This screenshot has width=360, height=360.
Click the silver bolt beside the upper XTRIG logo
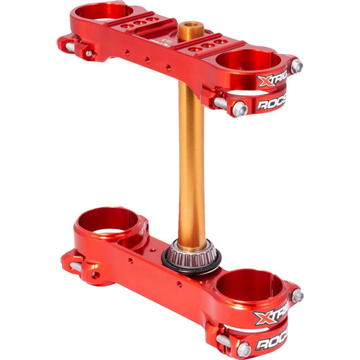click(x=297, y=66)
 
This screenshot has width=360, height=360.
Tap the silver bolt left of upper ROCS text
click(x=238, y=109)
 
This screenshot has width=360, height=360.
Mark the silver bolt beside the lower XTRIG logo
click(x=297, y=296)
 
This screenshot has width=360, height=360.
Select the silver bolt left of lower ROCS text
click(x=243, y=349)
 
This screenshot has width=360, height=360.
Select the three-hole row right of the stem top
click(x=207, y=46)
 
